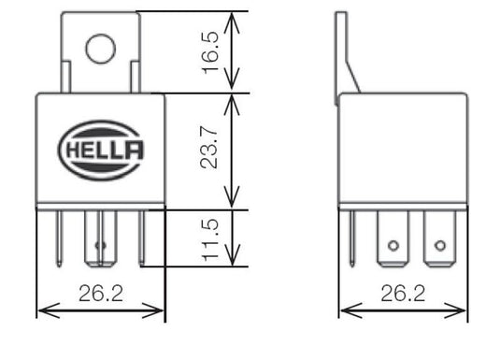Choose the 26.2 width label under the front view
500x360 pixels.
tap(100, 295)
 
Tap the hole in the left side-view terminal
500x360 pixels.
tap(393, 248)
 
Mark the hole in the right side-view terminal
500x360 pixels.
tap(437, 248)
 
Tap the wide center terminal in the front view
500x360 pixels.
tap(100, 241)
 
